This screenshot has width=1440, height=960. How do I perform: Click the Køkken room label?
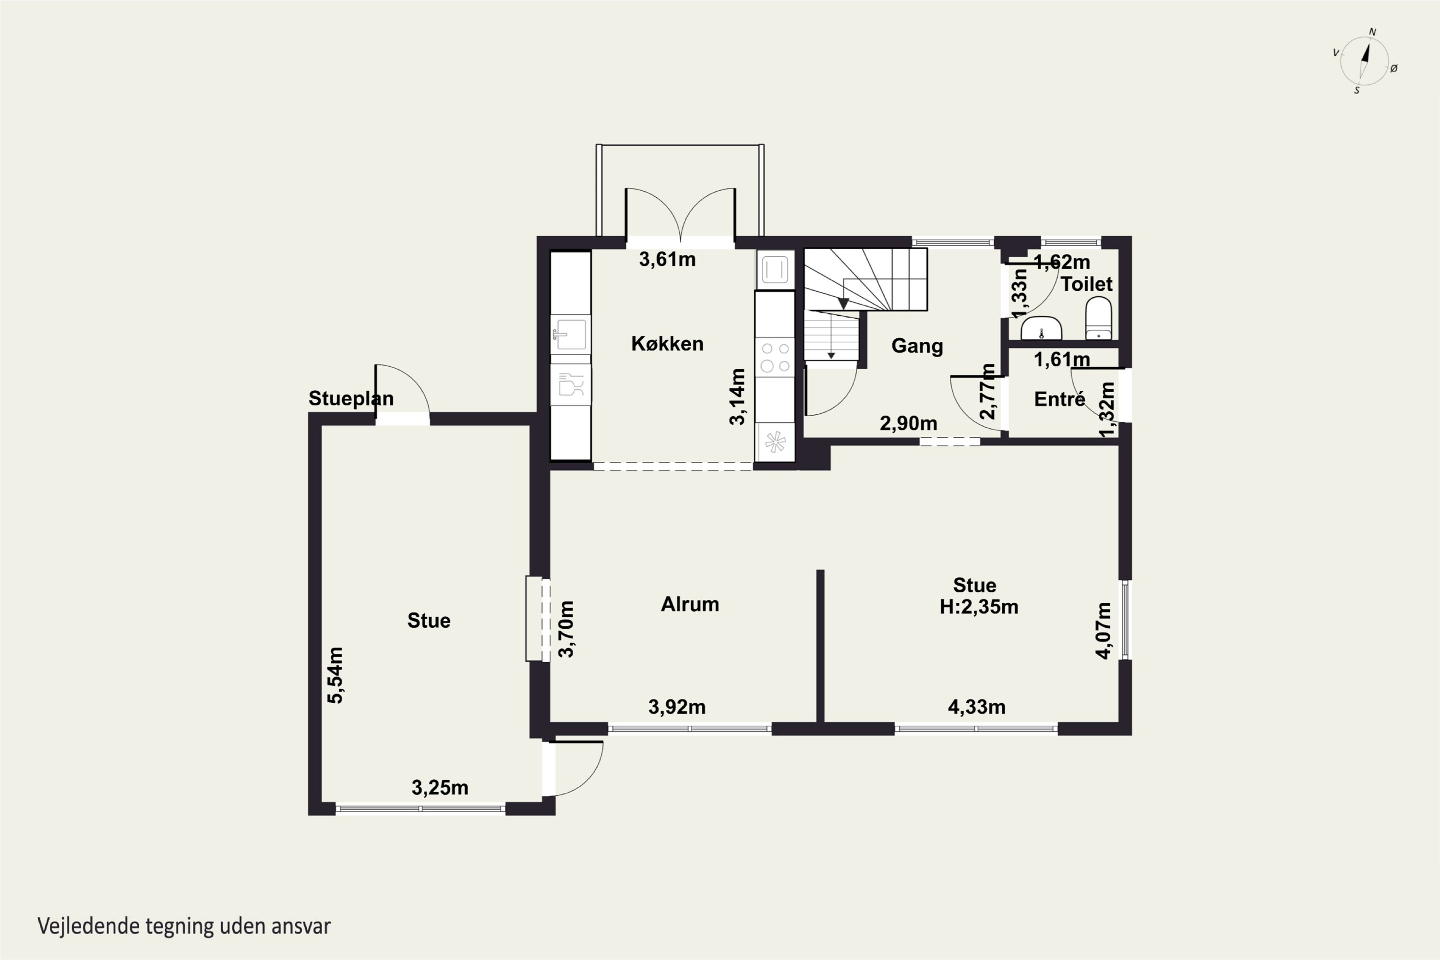667,344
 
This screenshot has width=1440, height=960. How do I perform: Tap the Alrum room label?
690,604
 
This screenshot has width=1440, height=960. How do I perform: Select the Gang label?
917,346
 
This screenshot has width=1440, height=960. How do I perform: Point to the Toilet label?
1087,284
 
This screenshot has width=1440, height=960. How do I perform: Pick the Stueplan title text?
351,398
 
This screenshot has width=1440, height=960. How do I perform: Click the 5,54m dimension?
335,675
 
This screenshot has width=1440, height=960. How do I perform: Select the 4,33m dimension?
976,707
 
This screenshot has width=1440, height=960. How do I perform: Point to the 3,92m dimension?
677,707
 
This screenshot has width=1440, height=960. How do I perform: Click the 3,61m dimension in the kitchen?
667,260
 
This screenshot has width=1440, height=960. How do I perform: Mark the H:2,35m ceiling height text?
979,607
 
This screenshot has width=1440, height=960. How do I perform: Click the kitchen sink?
571,334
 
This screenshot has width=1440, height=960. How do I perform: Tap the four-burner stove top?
775,358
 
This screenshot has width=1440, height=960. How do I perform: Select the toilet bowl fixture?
1098,318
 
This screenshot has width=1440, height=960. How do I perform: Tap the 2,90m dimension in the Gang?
909,423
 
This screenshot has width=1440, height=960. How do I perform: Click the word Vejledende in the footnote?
88,926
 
